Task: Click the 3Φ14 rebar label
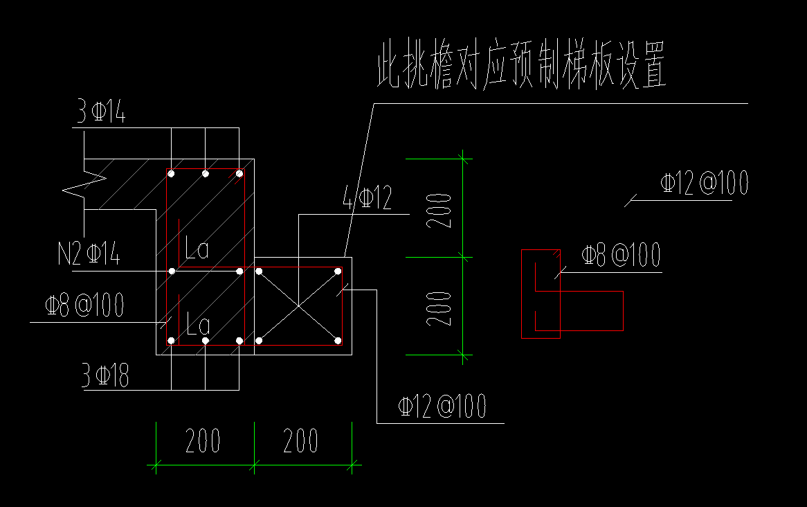[100, 112]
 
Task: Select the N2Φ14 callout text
[89, 255]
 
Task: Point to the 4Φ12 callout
[367, 199]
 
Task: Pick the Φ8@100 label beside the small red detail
[621, 256]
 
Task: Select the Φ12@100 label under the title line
[704, 184]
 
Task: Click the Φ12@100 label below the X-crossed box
[442, 407]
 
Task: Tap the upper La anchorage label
[197, 249]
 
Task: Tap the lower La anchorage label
[197, 324]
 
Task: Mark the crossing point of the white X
[298, 305]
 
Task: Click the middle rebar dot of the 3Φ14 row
[205, 173]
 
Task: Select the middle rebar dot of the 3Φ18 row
[205, 341]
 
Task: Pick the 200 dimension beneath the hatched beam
[203, 441]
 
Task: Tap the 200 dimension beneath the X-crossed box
[301, 441]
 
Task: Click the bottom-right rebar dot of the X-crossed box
[338, 340]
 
